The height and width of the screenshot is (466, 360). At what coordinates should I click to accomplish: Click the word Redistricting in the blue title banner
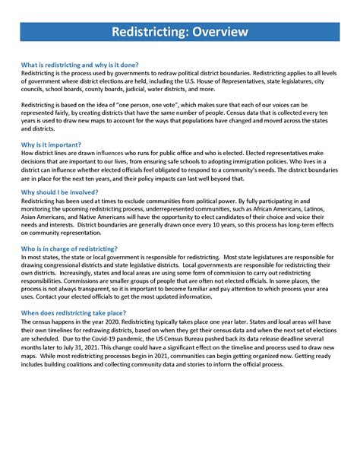147,31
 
